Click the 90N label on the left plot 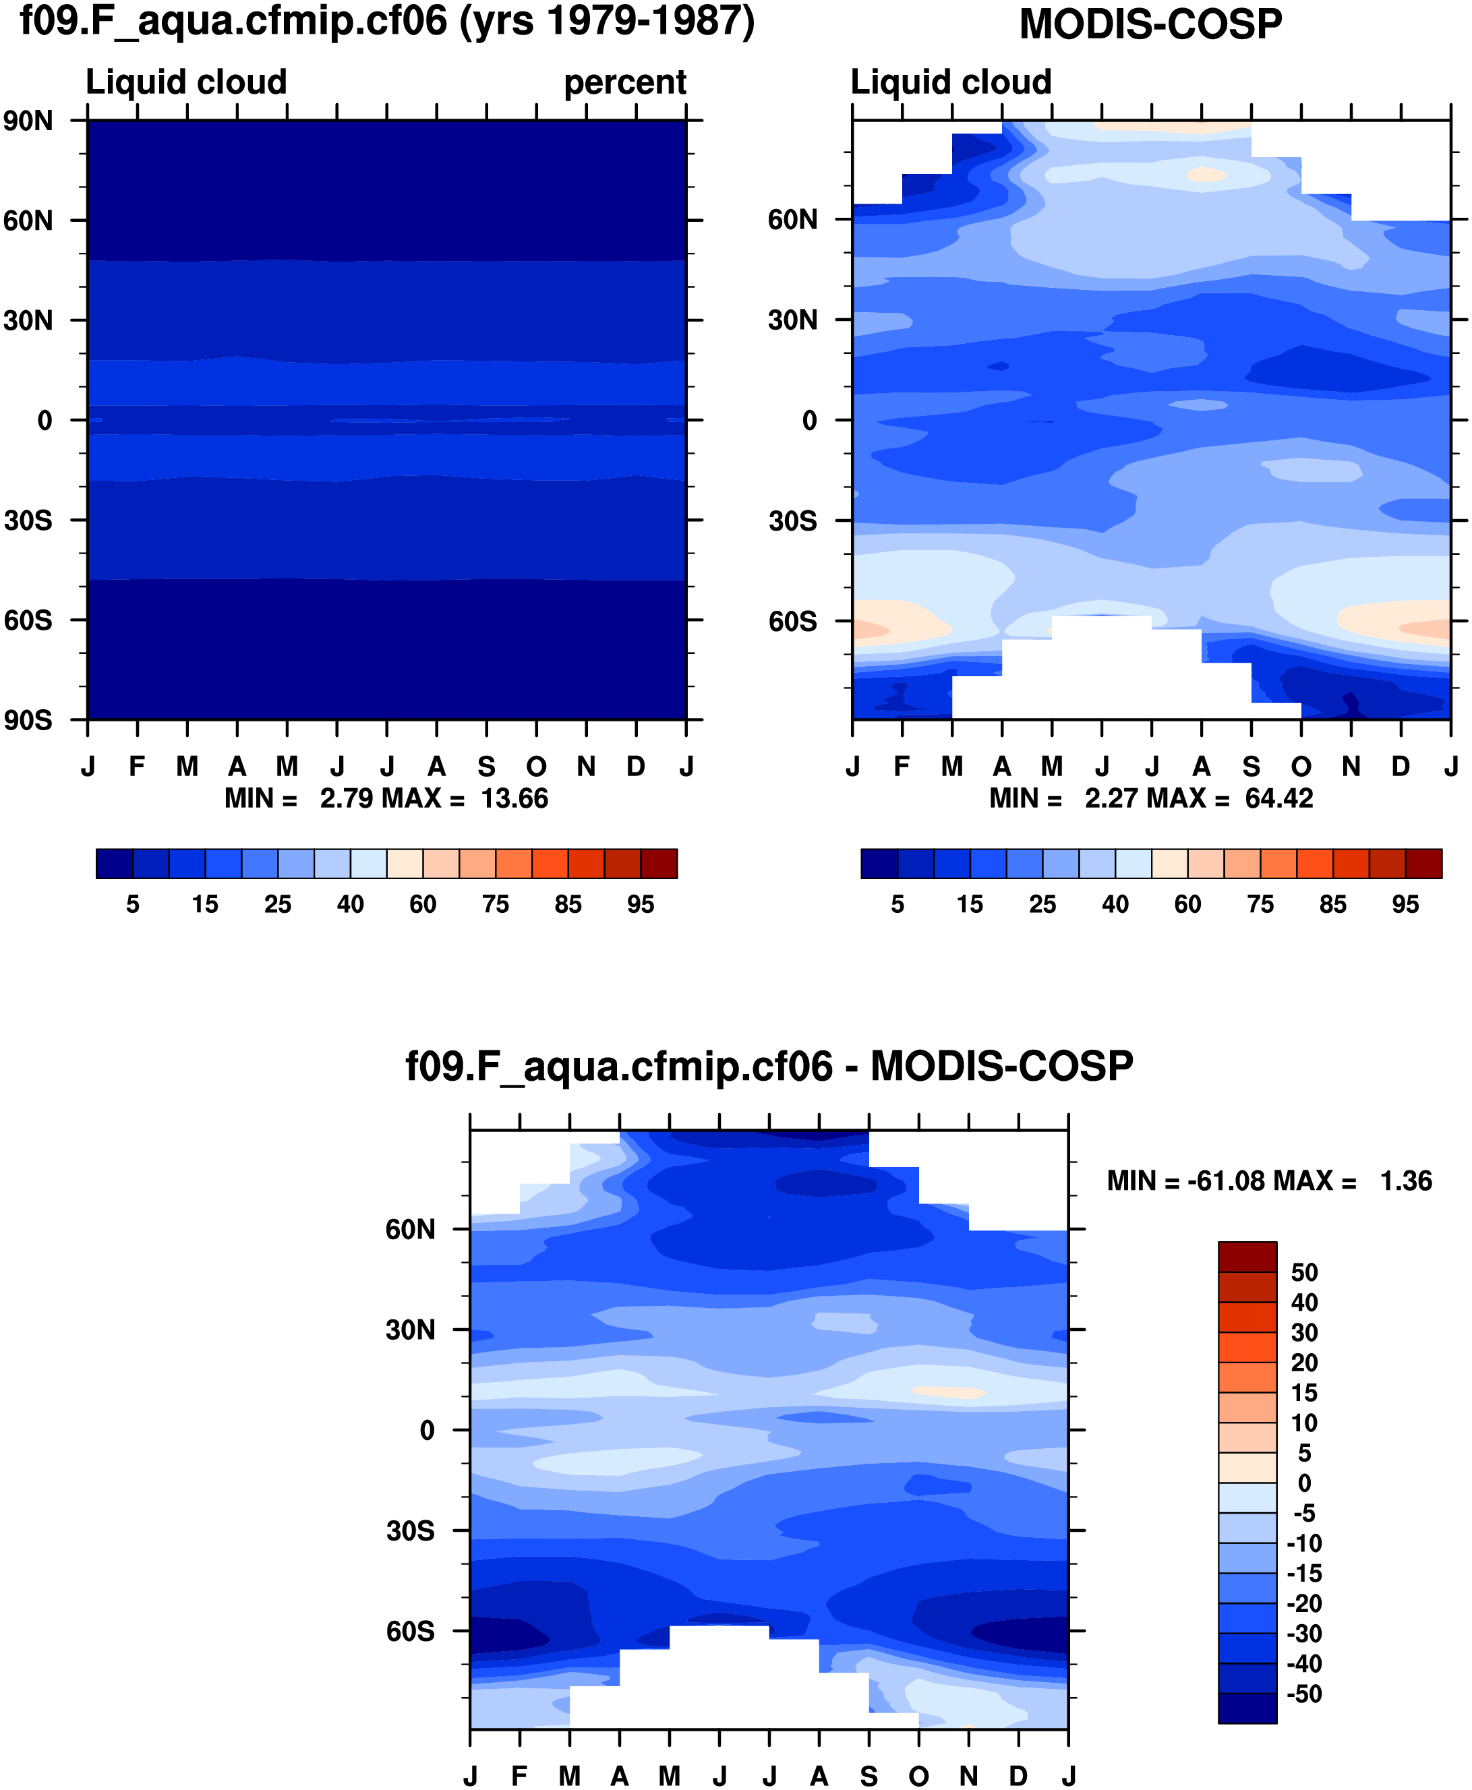coord(28,121)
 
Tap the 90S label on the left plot coord(28,721)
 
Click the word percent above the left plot coord(625,82)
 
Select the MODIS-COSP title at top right coord(1150,24)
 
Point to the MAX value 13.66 coord(514,799)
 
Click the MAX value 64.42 coord(1278,799)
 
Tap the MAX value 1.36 coord(1406,1181)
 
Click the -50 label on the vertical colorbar coord(1303,1694)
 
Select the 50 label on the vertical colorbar coord(1304,1273)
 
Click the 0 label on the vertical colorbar coord(1304,1483)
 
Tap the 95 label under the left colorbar coord(640,905)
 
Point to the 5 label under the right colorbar coord(897,905)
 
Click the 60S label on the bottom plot coord(411,1632)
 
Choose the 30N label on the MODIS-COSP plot coord(793,320)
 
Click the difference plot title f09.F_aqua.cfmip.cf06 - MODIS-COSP coord(769,1067)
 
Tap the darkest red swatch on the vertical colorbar coord(1247,1257)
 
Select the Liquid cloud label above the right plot coord(951,82)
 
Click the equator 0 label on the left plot coord(45,421)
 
